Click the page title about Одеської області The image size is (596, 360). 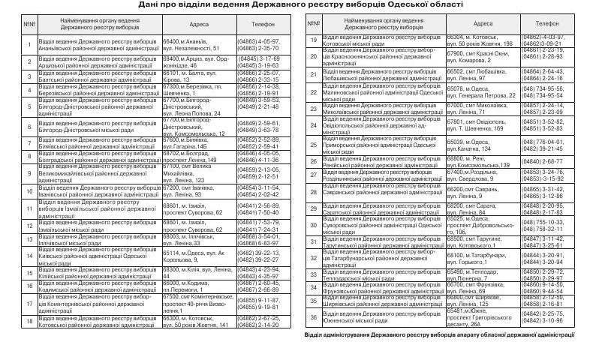point(297,4)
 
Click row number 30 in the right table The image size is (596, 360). point(315,225)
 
